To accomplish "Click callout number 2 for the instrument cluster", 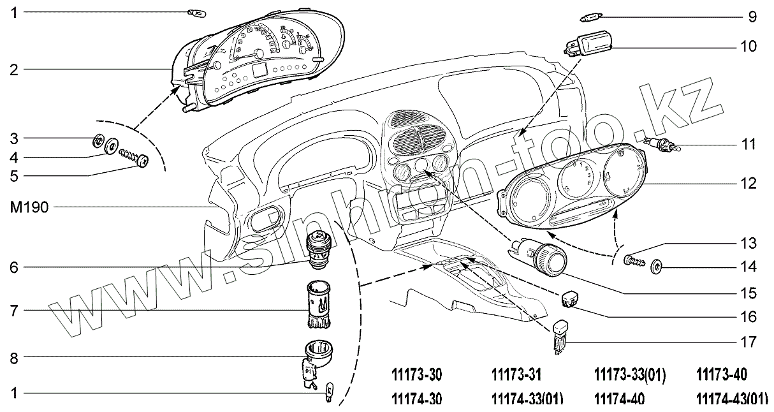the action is pos(13,69).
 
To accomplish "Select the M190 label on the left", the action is pos(26,207).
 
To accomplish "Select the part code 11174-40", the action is pos(619,399).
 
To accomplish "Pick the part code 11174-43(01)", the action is pos(731,399).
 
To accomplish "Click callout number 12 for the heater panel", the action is pos(749,184).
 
